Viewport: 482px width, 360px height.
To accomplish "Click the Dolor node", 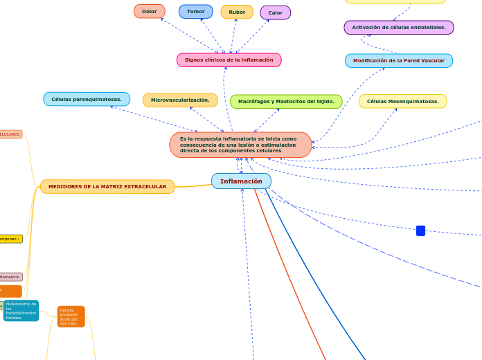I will click(x=149, y=11).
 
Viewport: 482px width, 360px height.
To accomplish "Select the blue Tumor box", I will click(x=195, y=11).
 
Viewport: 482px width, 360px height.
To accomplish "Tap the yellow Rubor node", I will click(x=237, y=12).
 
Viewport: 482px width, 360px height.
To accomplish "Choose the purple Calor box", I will click(x=275, y=12).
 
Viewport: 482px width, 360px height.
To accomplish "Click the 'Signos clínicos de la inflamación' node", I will click(x=229, y=60).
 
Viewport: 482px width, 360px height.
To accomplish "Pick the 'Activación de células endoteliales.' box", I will click(x=398, y=27).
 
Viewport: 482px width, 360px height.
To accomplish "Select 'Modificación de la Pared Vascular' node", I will click(x=398, y=61).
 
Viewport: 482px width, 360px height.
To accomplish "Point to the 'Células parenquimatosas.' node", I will click(x=87, y=99).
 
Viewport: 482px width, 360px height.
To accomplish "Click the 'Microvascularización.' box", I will click(x=180, y=100).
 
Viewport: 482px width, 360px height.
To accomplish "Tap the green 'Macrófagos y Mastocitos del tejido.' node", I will click(x=286, y=102).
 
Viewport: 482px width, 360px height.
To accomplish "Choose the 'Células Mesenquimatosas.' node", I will click(x=402, y=102).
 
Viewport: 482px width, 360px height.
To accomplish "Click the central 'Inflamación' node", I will click(x=241, y=181).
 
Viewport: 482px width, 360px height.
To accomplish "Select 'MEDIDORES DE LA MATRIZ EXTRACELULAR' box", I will click(x=107, y=186).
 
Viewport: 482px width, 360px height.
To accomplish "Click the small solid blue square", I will click(x=420, y=231).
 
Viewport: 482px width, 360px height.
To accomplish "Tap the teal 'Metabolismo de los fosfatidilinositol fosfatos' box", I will click(x=21, y=311).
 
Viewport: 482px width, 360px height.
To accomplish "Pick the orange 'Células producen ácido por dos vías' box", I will click(x=71, y=316).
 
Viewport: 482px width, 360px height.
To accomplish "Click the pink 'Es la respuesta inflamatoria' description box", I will click(x=240, y=145).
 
